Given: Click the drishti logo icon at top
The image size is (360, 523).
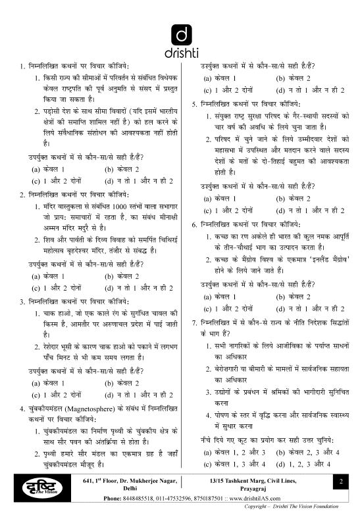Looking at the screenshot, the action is pyautogui.click(x=180, y=32).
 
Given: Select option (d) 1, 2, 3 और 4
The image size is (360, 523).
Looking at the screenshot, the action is pyautogui.click(x=307, y=464).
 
